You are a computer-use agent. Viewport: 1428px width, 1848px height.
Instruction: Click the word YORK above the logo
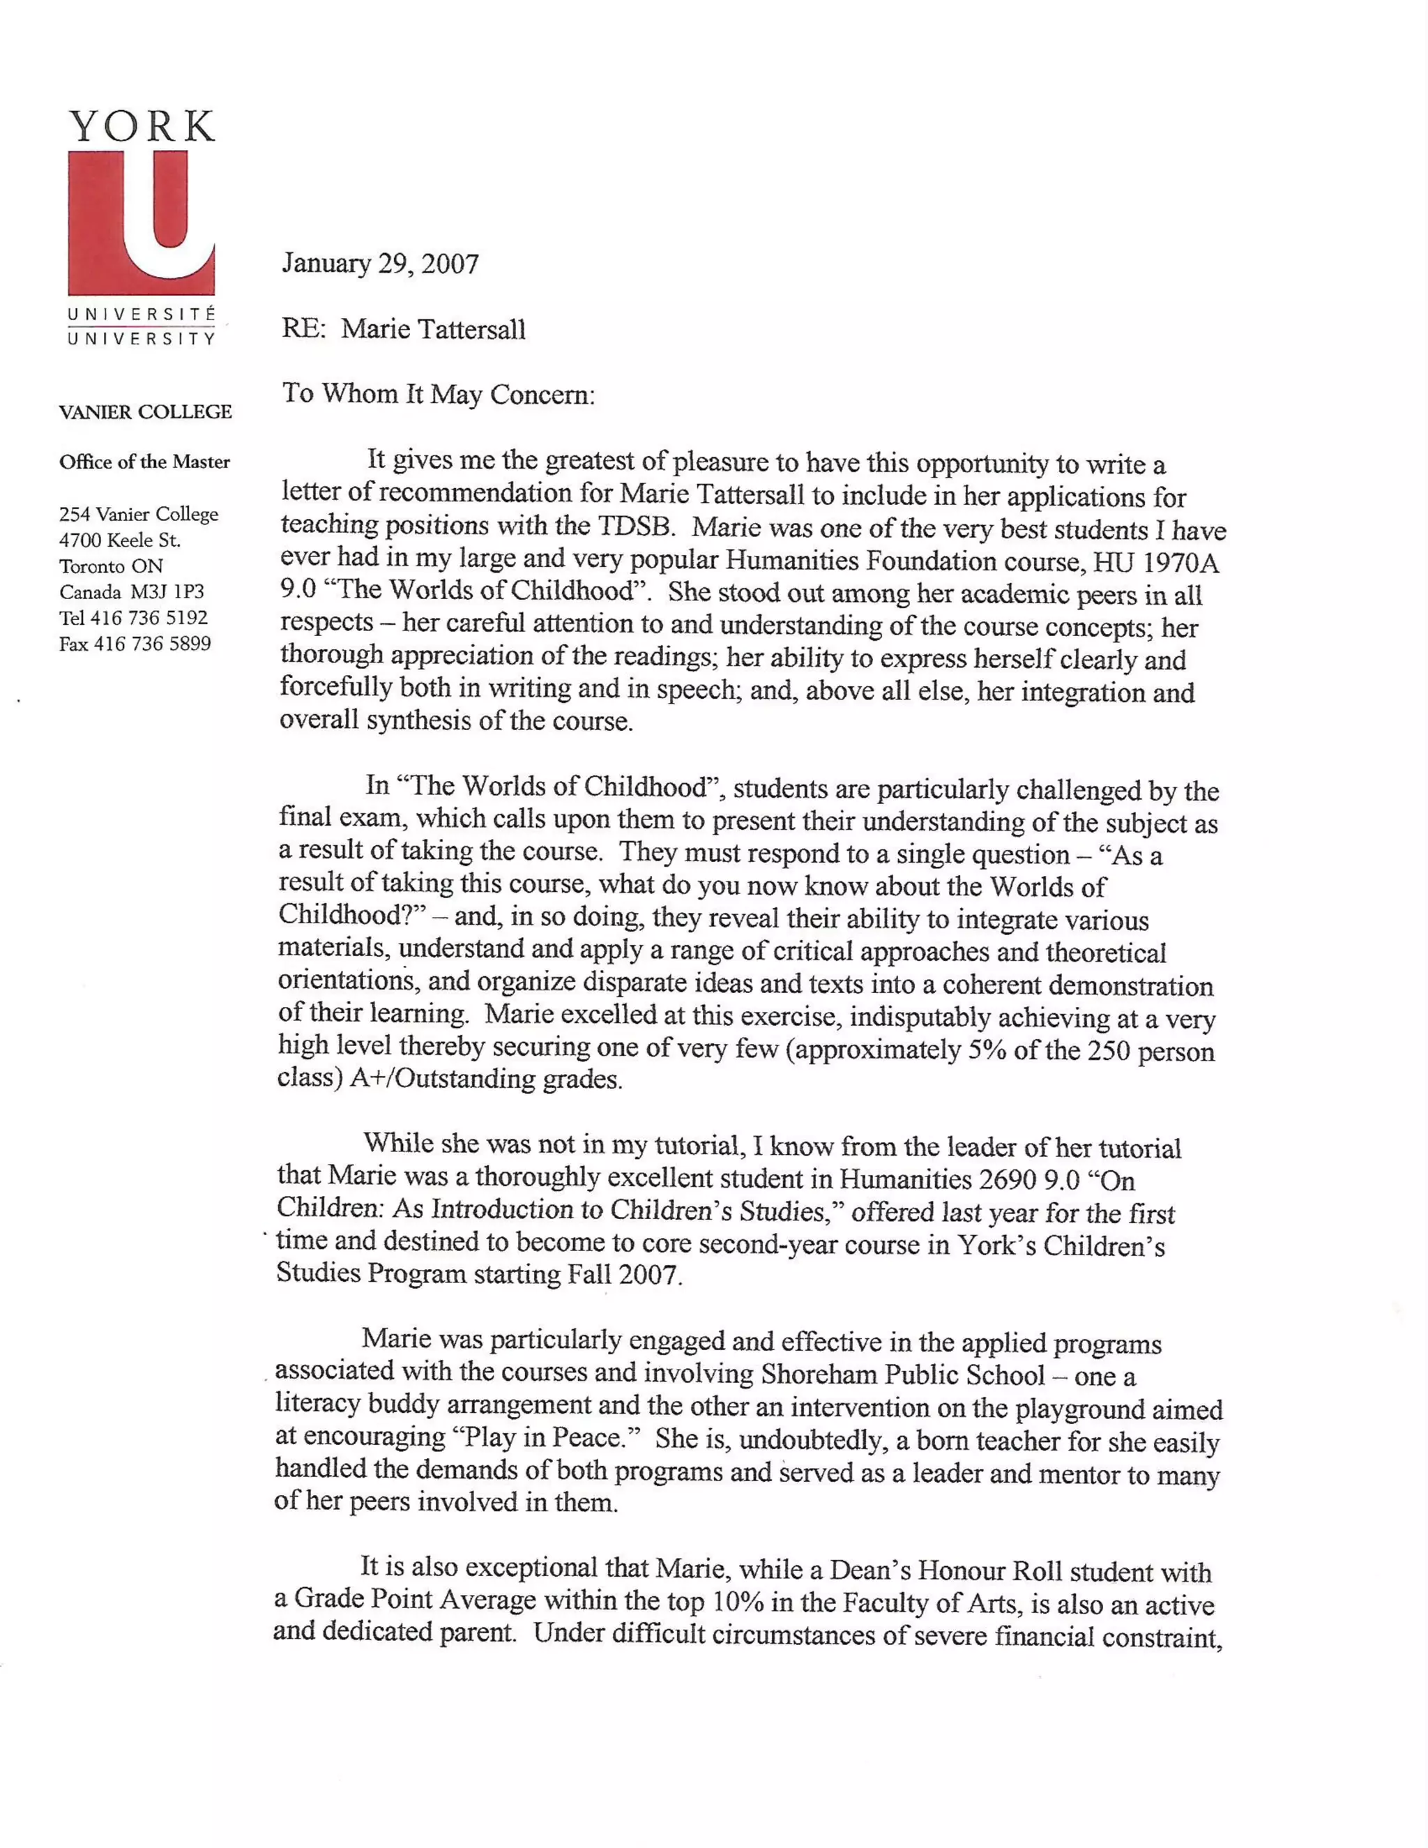click(x=142, y=127)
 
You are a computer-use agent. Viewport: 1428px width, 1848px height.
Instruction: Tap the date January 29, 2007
click(x=380, y=264)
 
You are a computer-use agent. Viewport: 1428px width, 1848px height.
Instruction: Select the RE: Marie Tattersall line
click(x=404, y=329)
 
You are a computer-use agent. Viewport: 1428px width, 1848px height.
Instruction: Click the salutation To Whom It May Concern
click(x=438, y=394)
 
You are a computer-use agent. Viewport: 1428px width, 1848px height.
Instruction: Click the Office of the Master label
click(x=144, y=462)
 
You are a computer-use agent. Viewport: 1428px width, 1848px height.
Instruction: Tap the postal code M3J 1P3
click(x=167, y=592)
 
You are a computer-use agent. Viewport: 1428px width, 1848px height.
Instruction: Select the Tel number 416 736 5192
click(x=149, y=619)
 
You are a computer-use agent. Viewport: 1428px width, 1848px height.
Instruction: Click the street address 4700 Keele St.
click(x=119, y=540)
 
